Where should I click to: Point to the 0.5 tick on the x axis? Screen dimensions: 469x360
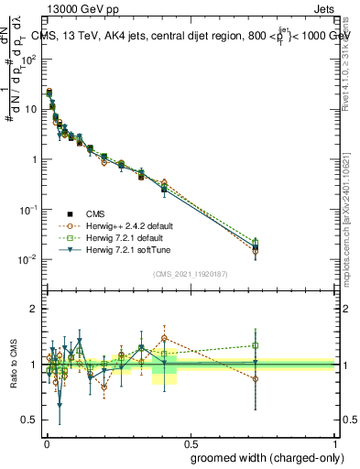click(191, 439)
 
